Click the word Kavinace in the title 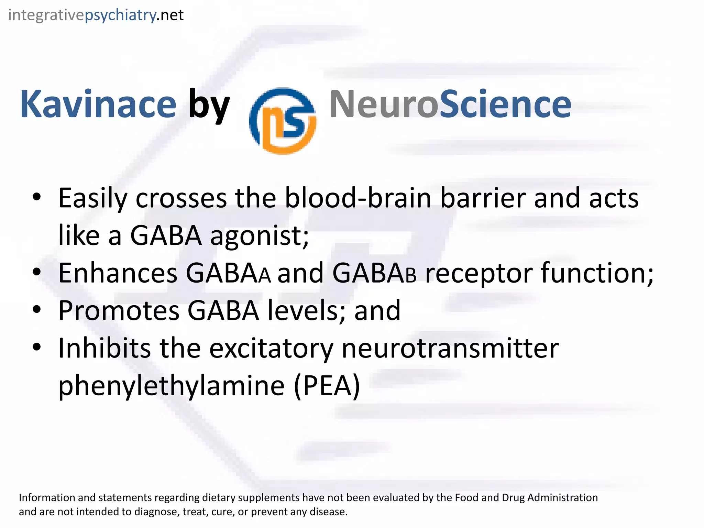pos(98,104)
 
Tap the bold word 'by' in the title pos(209,105)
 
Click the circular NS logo pos(283,121)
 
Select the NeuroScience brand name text pos(450,104)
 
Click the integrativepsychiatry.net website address pos(96,15)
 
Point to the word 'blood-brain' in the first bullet pos(358,198)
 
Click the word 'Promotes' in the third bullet pos(119,311)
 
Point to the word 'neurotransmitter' pos(450,349)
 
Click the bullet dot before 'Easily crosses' pos(36,197)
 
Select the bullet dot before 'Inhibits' pos(36,346)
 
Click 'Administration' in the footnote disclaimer pos(562,498)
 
